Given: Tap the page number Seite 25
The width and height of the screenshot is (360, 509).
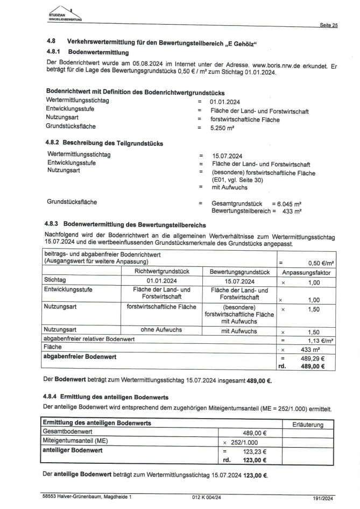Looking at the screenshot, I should click(328, 25).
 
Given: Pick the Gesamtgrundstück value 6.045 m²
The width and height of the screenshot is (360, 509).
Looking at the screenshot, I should click(288, 204).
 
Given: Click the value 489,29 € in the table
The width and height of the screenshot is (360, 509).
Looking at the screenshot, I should click(315, 357).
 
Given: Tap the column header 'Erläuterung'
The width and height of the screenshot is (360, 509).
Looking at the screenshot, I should click(308, 425).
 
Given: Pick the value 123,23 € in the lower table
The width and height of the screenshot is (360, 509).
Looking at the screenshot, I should click(256, 452).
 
